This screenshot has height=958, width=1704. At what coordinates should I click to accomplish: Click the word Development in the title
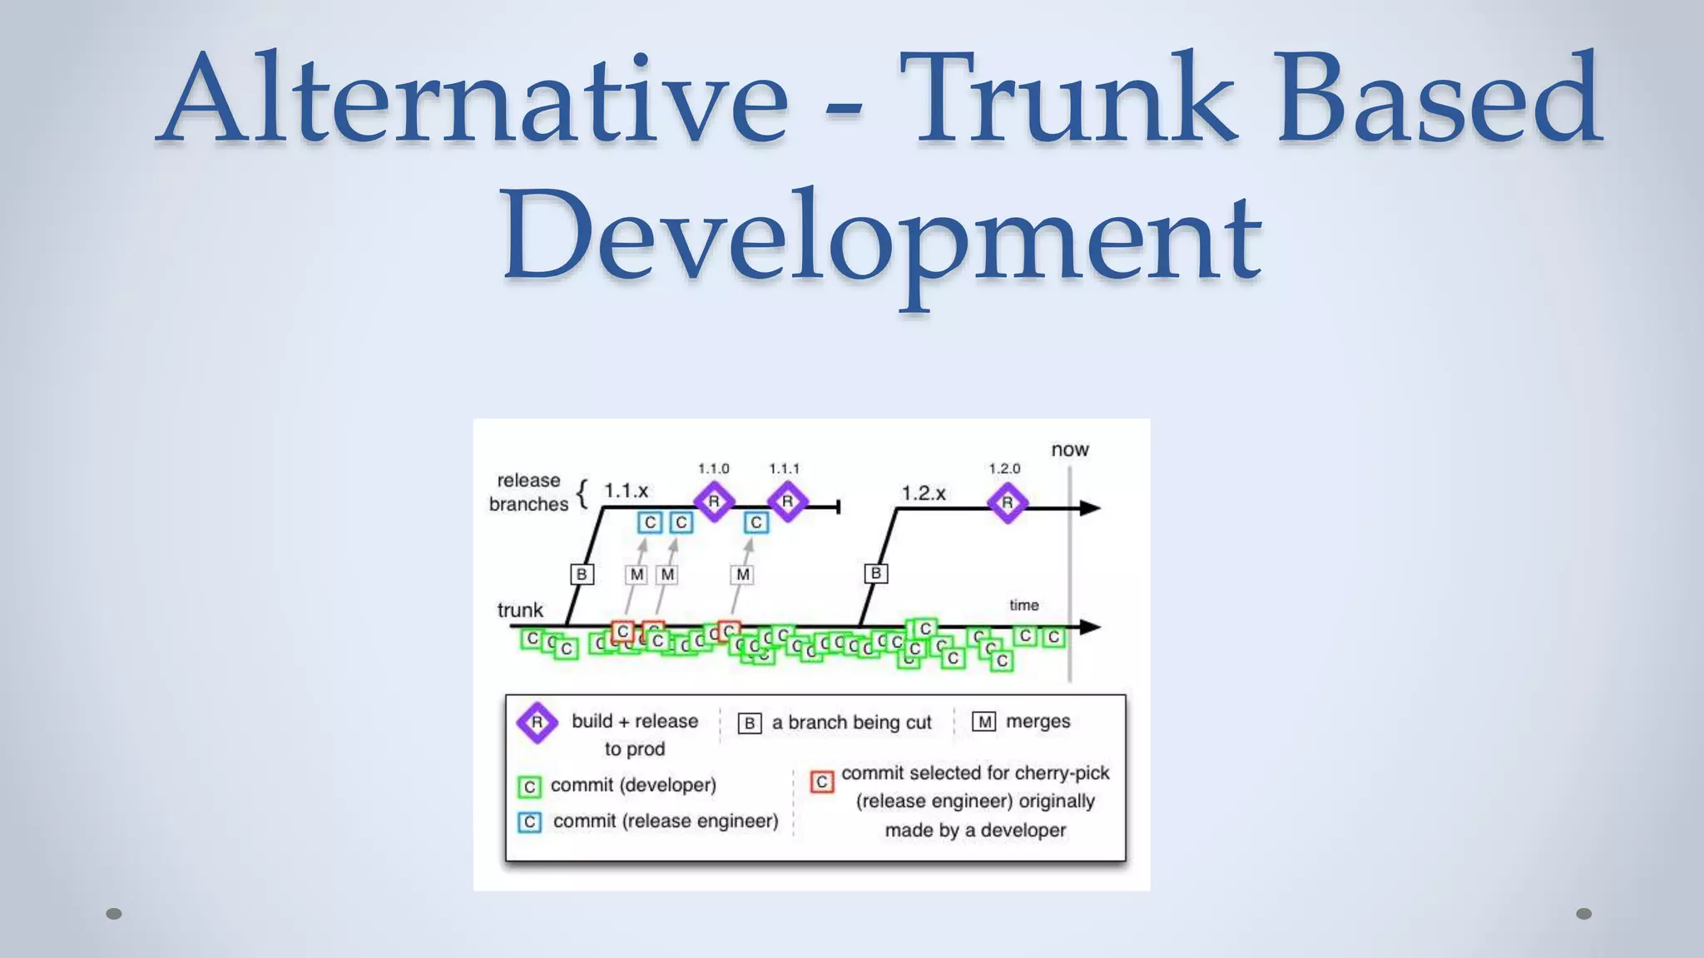(882, 236)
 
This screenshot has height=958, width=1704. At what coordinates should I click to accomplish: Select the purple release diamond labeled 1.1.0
(714, 501)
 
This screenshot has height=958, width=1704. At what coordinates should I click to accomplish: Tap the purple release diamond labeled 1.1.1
(787, 501)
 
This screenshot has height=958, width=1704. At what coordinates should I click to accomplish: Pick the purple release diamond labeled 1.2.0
(1008, 502)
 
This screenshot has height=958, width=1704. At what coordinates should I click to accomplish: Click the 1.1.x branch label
(626, 491)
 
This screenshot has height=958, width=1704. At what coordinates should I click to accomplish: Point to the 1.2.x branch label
(924, 493)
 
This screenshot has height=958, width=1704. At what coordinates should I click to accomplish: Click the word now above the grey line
(1070, 450)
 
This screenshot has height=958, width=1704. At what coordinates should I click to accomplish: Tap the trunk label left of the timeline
(520, 610)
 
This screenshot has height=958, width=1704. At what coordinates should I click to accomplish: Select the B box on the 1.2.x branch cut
(875, 573)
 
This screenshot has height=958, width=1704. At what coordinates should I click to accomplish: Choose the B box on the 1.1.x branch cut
(582, 574)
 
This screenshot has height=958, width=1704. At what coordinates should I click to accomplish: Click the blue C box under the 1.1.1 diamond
(755, 522)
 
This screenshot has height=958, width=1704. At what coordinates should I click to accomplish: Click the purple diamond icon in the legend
(537, 722)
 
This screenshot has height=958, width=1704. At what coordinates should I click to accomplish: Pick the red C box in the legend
(822, 782)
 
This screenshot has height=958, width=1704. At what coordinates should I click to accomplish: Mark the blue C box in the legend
(530, 822)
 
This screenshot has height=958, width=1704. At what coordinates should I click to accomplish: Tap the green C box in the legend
(530, 786)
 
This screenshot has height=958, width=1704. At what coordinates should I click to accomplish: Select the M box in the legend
(984, 722)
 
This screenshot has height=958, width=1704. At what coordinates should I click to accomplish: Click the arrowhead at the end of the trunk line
(1089, 627)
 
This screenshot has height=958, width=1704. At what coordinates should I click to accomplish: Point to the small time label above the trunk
(1024, 605)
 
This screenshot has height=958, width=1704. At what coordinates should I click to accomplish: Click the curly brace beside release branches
(582, 493)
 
